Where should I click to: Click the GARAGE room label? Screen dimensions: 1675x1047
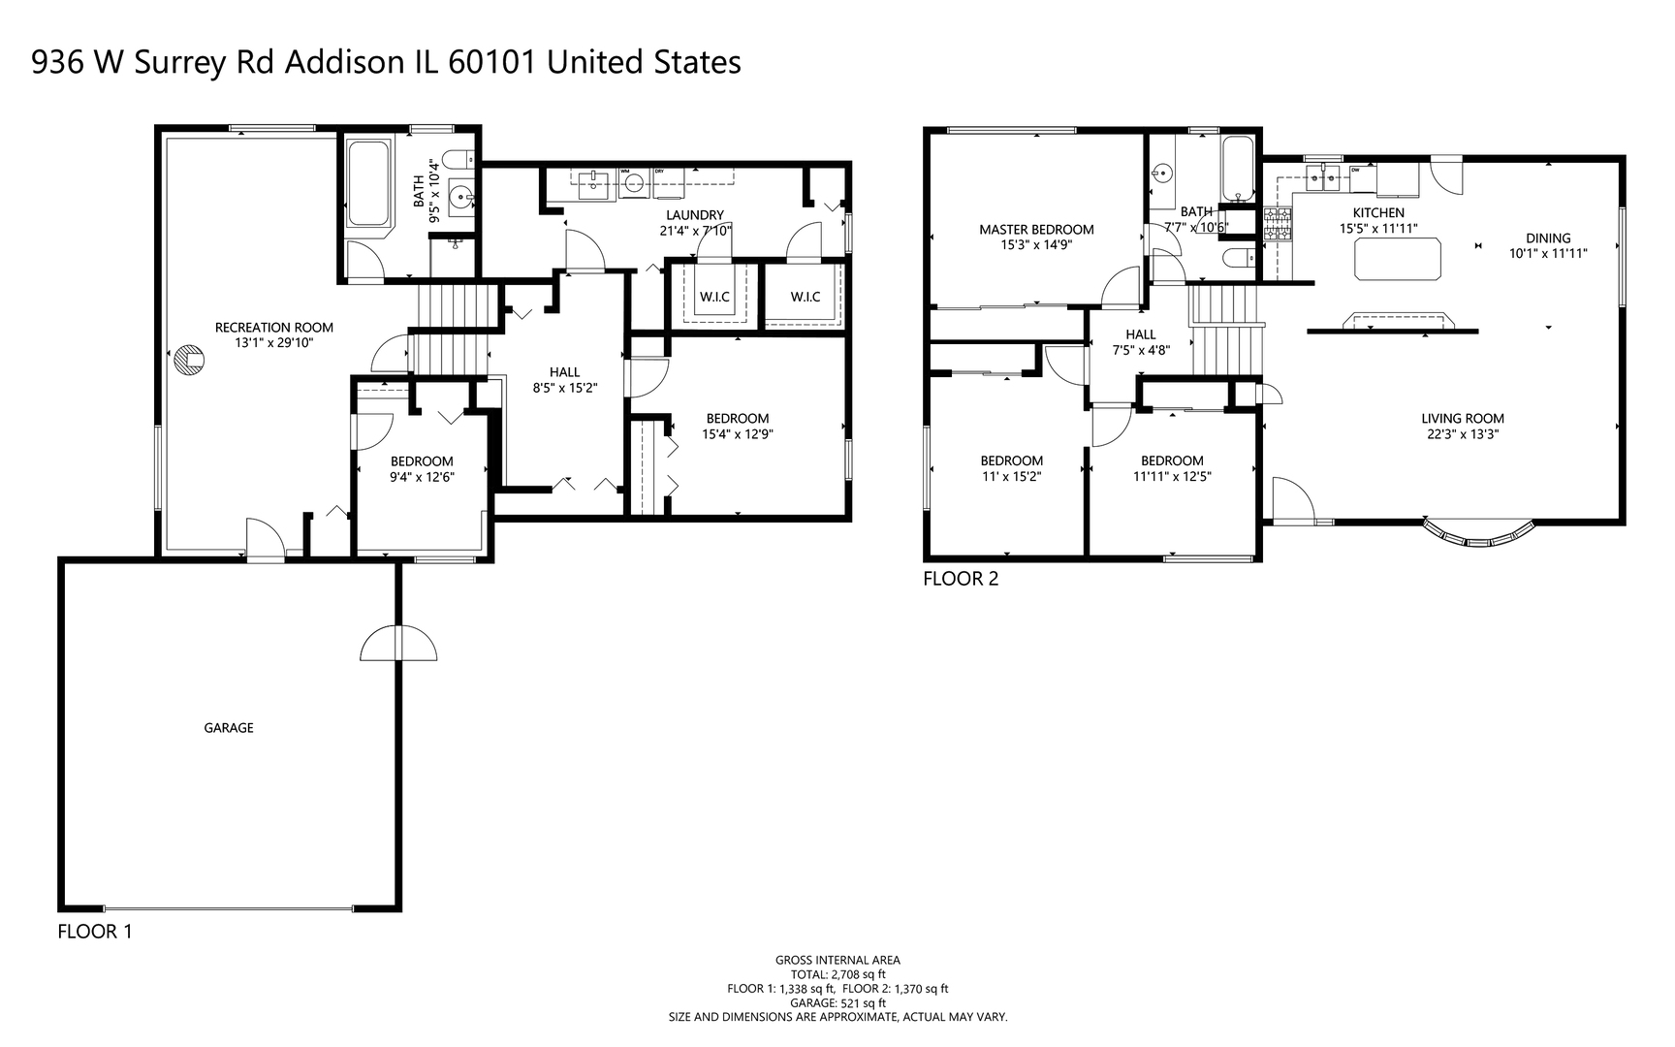pyautogui.click(x=229, y=728)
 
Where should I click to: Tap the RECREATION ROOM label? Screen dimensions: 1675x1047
pyautogui.click(x=274, y=328)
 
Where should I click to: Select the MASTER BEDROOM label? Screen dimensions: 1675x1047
pyautogui.click(x=1036, y=230)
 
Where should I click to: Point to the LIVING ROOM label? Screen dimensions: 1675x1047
pyautogui.click(x=1463, y=419)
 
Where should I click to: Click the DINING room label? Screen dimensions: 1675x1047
pyautogui.click(x=1548, y=238)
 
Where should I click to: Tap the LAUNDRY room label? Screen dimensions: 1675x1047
pyautogui.click(x=695, y=215)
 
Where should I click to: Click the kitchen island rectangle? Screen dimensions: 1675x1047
pyautogui.click(x=1397, y=259)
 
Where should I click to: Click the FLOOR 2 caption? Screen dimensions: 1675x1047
pyautogui.click(x=961, y=579)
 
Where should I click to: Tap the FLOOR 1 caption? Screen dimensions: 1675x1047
pyautogui.click(x=95, y=932)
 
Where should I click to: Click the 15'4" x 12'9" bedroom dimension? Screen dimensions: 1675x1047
pyautogui.click(x=738, y=434)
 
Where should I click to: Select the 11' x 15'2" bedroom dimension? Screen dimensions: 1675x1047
pyautogui.click(x=1012, y=477)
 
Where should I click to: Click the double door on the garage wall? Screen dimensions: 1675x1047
pyautogui.click(x=398, y=644)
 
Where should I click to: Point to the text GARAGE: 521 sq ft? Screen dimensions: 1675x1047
pyautogui.click(x=837, y=1003)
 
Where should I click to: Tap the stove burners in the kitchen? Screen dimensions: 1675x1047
pyautogui.click(x=1279, y=224)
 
